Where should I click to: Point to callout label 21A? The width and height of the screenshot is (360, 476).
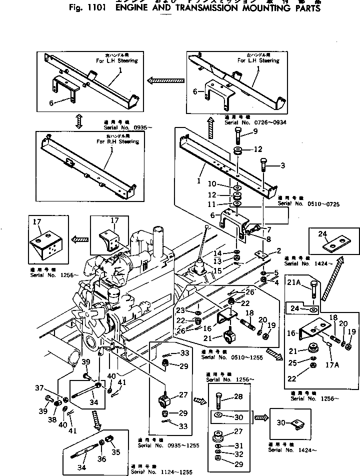(293, 283)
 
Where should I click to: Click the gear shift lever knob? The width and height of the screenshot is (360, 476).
(205, 227)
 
